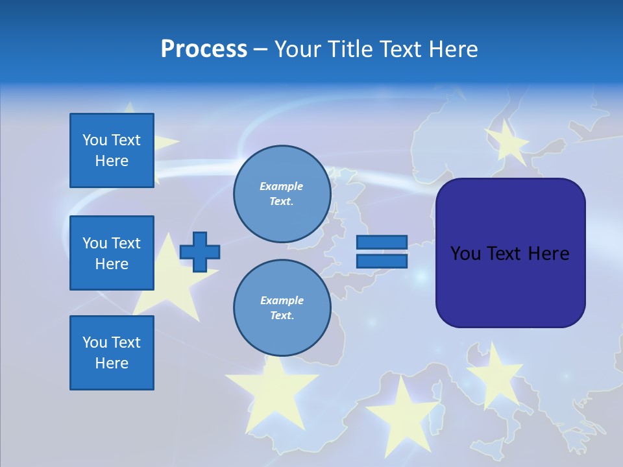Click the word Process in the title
point(204,49)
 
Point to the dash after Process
point(260,50)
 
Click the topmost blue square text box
point(112,150)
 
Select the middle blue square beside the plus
point(112,253)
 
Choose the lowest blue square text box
point(112,353)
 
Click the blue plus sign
point(200,252)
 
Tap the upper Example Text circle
point(282,194)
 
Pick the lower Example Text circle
point(282,308)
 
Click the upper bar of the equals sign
point(382,242)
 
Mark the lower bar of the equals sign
point(382,261)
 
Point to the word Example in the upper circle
point(282,186)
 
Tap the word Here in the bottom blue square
point(112,363)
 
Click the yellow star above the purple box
point(507,142)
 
